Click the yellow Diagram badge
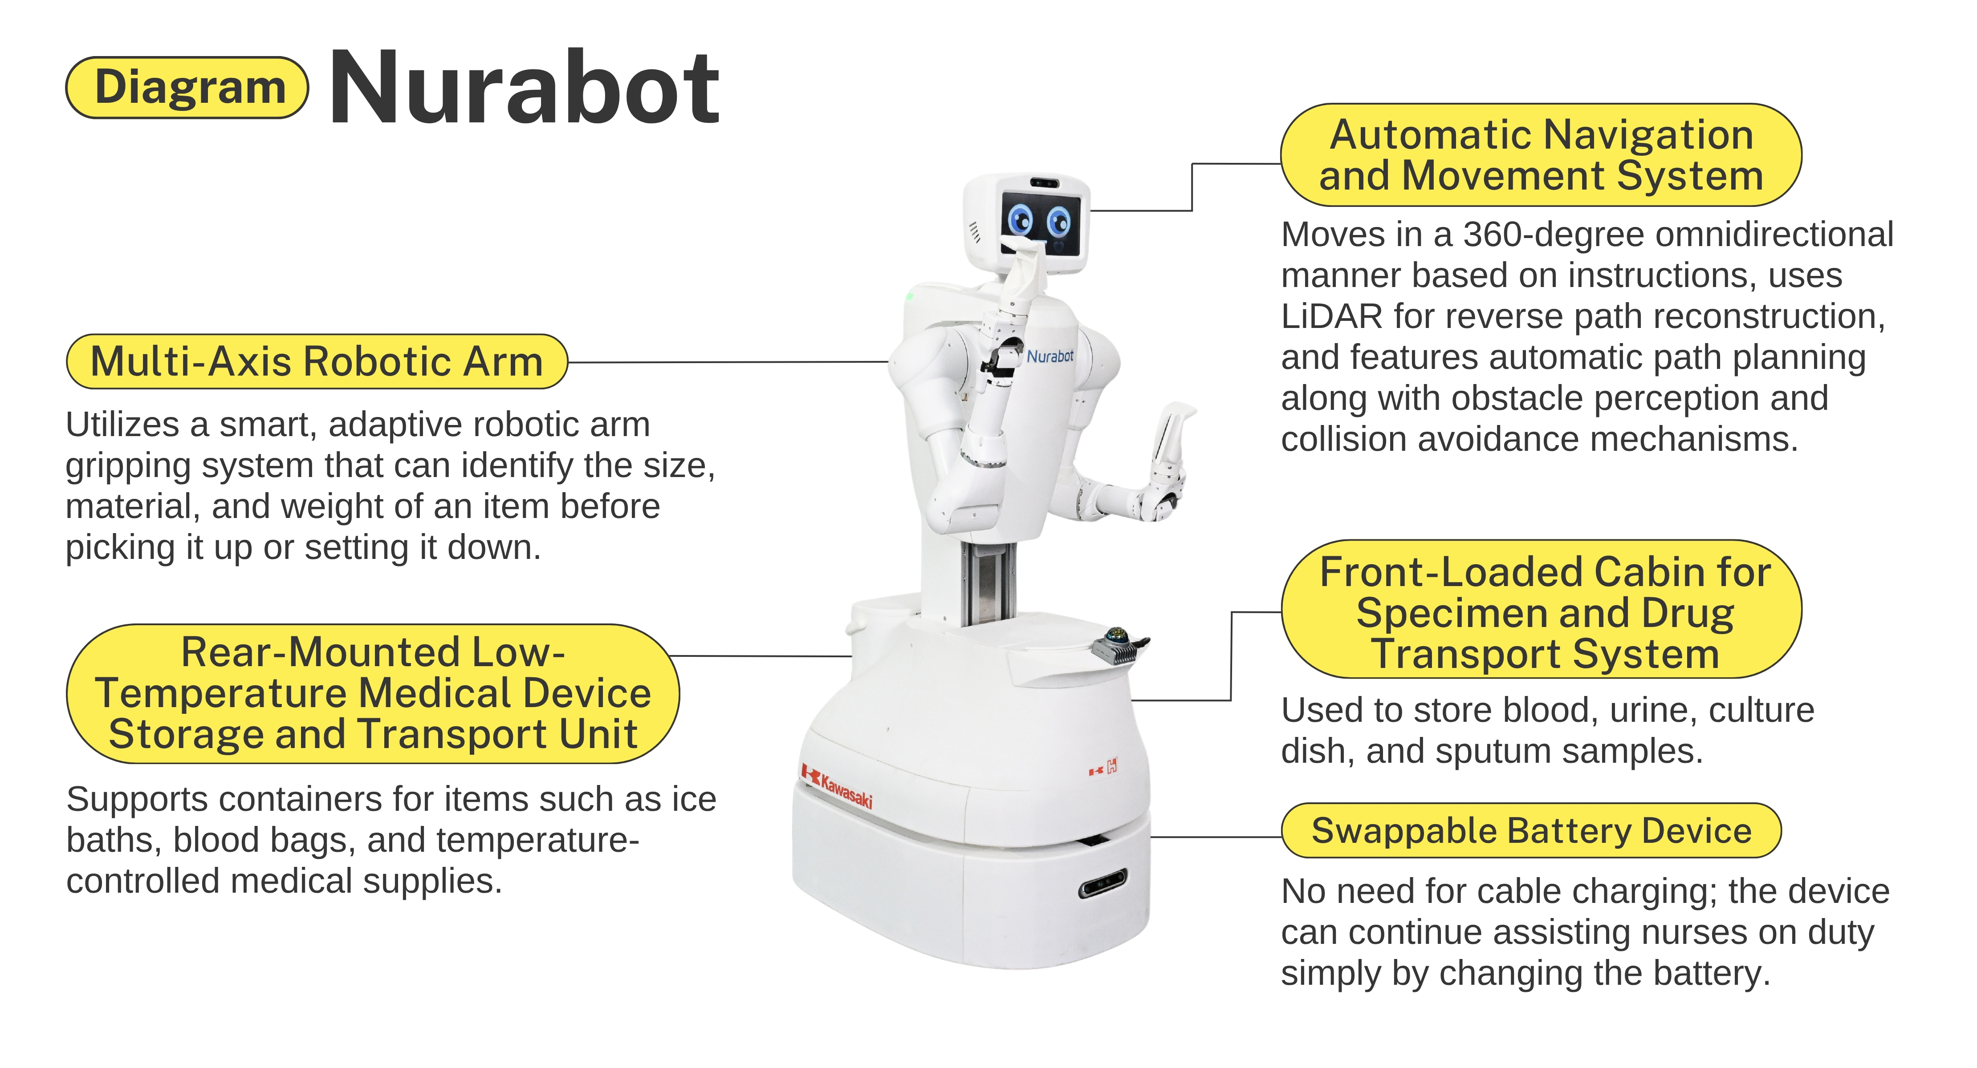pos(187,88)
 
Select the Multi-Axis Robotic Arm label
pos(317,361)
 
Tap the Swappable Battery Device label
pos(1531,830)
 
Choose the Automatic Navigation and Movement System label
pos(1541,155)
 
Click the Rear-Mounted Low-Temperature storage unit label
pos(373,694)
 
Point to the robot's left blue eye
pos(1021,220)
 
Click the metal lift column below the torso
pos(990,583)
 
